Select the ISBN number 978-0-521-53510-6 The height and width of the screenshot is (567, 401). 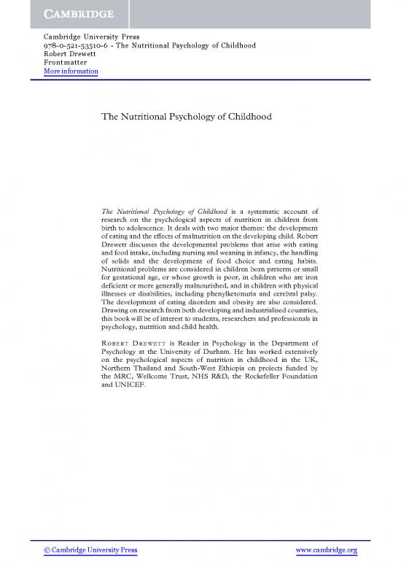(x=81, y=45)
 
